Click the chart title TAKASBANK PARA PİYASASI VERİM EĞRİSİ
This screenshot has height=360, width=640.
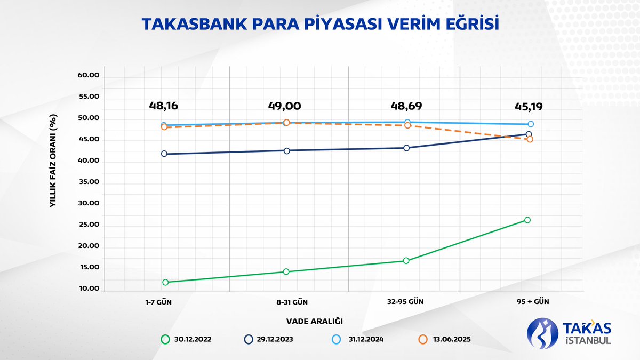click(320, 25)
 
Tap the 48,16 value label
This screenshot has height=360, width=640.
click(164, 106)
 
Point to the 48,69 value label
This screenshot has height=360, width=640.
click(406, 106)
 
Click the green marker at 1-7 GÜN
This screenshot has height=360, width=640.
click(165, 282)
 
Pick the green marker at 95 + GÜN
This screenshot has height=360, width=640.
click(527, 220)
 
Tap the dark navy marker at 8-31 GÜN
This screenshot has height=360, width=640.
click(287, 150)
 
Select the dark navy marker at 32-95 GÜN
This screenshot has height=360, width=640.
click(406, 148)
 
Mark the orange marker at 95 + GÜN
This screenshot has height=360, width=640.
click(530, 139)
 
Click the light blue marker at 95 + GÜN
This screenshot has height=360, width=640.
click(531, 124)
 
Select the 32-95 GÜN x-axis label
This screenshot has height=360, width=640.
click(406, 301)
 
